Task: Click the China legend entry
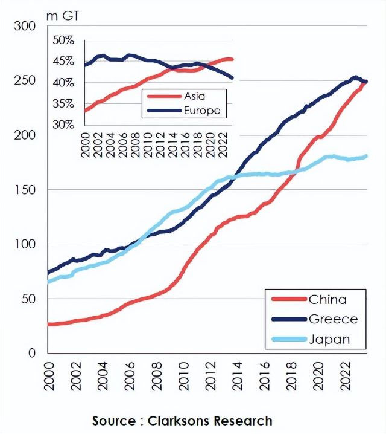point(327,299)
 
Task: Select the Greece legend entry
point(333,319)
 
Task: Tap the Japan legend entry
point(329,339)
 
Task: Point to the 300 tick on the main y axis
point(27,26)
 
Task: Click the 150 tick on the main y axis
point(27,190)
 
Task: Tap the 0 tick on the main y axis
point(35,353)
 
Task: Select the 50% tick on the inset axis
point(63,40)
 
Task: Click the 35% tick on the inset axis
point(63,103)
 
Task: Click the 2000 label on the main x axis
point(49,374)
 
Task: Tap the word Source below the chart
point(114,421)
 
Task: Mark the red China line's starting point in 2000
point(49,325)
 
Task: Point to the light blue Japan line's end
point(366,157)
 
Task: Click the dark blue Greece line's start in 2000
point(49,272)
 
